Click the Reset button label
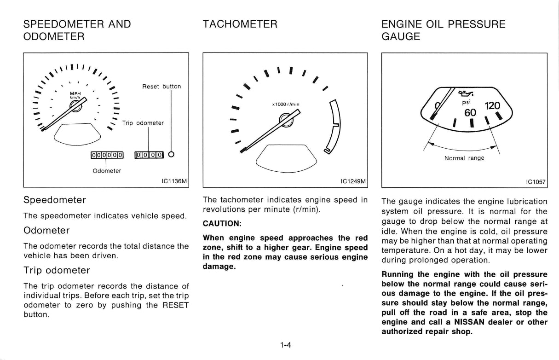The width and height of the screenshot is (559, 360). [161, 87]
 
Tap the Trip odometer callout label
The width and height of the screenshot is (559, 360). [143, 123]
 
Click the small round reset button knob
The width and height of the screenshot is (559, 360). [171, 154]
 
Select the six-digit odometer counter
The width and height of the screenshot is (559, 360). [107, 155]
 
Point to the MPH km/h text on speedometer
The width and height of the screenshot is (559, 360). [75, 95]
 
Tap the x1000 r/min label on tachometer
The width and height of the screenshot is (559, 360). [286, 105]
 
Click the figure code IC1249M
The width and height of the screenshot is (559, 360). [353, 181]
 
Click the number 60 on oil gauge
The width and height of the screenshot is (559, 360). [470, 113]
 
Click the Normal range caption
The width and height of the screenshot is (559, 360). [464, 158]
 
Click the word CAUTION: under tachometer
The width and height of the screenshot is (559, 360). [222, 223]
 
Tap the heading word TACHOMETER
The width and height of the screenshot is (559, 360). [240, 24]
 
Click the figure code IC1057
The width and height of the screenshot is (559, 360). [536, 181]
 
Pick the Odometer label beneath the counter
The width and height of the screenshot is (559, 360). [107, 171]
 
